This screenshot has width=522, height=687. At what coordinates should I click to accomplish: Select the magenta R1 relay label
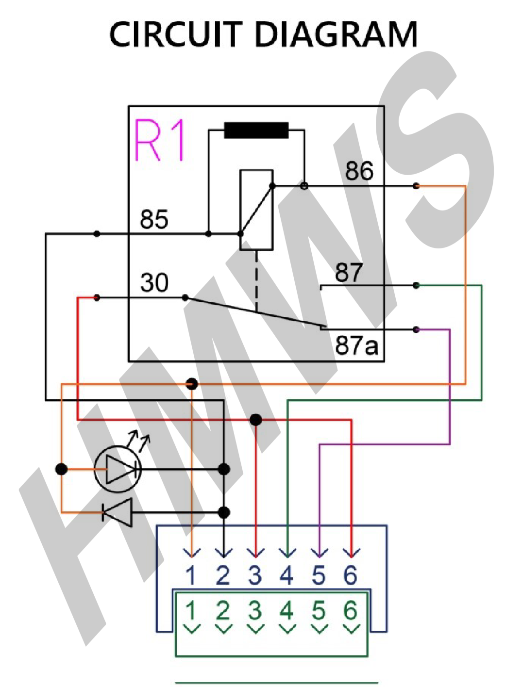pyautogui.click(x=159, y=140)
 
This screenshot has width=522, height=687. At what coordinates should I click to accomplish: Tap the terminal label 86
pyautogui.click(x=359, y=171)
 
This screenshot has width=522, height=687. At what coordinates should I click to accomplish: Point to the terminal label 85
pyautogui.click(x=154, y=219)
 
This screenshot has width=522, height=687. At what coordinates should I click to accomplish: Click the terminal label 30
pyautogui.click(x=154, y=282)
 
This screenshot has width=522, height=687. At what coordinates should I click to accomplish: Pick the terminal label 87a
pyautogui.click(x=356, y=345)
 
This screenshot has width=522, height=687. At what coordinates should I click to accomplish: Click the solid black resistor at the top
pyautogui.click(x=256, y=130)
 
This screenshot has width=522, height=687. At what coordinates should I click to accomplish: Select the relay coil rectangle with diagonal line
pyautogui.click(x=256, y=210)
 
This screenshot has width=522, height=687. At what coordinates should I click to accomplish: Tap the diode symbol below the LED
pyautogui.click(x=118, y=512)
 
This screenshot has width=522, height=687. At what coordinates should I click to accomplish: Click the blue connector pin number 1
pyautogui.click(x=191, y=575)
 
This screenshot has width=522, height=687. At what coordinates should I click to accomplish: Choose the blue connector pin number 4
pyautogui.click(x=286, y=575)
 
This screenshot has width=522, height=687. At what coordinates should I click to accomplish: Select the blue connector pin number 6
pyautogui.click(x=351, y=575)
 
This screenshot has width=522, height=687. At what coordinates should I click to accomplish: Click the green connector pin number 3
pyautogui.click(x=255, y=611)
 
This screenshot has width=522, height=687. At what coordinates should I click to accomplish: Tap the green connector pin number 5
pyautogui.click(x=319, y=611)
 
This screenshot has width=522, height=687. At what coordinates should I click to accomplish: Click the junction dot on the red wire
pyautogui.click(x=256, y=420)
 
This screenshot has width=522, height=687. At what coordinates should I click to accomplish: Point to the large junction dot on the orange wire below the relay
pyautogui.click(x=192, y=384)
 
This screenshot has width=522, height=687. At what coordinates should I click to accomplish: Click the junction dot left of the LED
pyautogui.click(x=62, y=469)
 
